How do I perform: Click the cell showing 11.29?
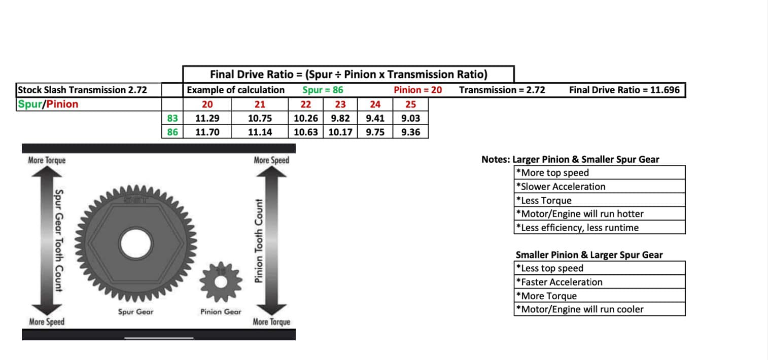point(207,118)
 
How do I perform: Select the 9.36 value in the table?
point(410,132)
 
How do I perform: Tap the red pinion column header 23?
point(340,104)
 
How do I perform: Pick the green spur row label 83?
point(172,118)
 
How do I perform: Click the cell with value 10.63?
point(305,132)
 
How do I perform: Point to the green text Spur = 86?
point(323,90)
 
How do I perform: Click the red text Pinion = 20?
point(417,90)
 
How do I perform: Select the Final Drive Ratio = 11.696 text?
point(624,90)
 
